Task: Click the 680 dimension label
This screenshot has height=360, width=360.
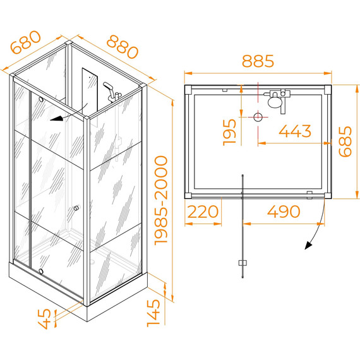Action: tap(26, 42)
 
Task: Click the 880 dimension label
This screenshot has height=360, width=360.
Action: tap(123, 47)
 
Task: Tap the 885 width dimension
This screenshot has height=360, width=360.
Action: tap(258, 61)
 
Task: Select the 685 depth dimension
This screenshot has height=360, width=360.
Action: tap(345, 141)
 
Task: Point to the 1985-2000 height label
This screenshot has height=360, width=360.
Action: tap(161, 200)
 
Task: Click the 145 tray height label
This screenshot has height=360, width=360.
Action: tap(153, 313)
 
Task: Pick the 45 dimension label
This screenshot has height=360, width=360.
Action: tap(44, 319)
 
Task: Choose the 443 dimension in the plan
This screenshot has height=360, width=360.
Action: tap(295, 131)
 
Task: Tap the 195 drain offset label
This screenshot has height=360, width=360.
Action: tap(230, 132)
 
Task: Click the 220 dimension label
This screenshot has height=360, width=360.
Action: tap(203, 212)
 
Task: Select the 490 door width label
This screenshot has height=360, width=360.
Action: tap(284, 212)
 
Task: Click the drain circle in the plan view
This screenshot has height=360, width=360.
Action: tap(258, 117)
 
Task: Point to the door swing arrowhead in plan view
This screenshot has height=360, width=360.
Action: tap(308, 246)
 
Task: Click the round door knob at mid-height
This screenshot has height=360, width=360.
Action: tap(76, 208)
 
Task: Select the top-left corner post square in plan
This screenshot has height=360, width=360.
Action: tap(188, 90)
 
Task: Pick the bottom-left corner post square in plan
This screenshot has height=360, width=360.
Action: tap(188, 196)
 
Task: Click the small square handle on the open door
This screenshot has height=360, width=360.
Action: tap(243, 263)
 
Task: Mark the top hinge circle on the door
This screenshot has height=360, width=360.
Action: tap(41, 99)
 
